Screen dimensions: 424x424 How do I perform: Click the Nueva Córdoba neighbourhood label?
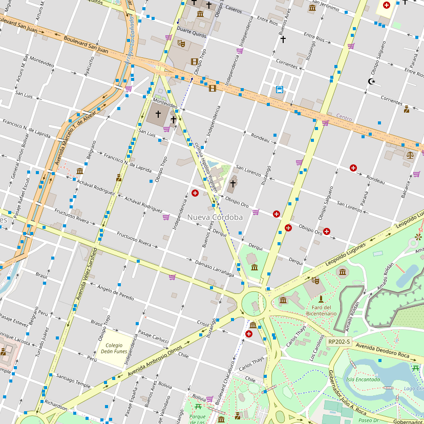(215, 217)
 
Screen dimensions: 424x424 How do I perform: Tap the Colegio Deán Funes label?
(114, 348)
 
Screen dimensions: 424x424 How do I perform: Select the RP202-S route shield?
(339, 342)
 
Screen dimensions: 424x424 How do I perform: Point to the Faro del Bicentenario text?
(321, 310)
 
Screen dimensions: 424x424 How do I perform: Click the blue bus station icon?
(280, 90)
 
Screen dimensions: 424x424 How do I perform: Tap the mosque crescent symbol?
(372, 81)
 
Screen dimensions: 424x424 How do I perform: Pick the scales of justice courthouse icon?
(409, 154)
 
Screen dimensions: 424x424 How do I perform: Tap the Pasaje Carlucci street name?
(154, 336)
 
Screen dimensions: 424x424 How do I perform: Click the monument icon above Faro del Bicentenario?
(321, 299)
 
